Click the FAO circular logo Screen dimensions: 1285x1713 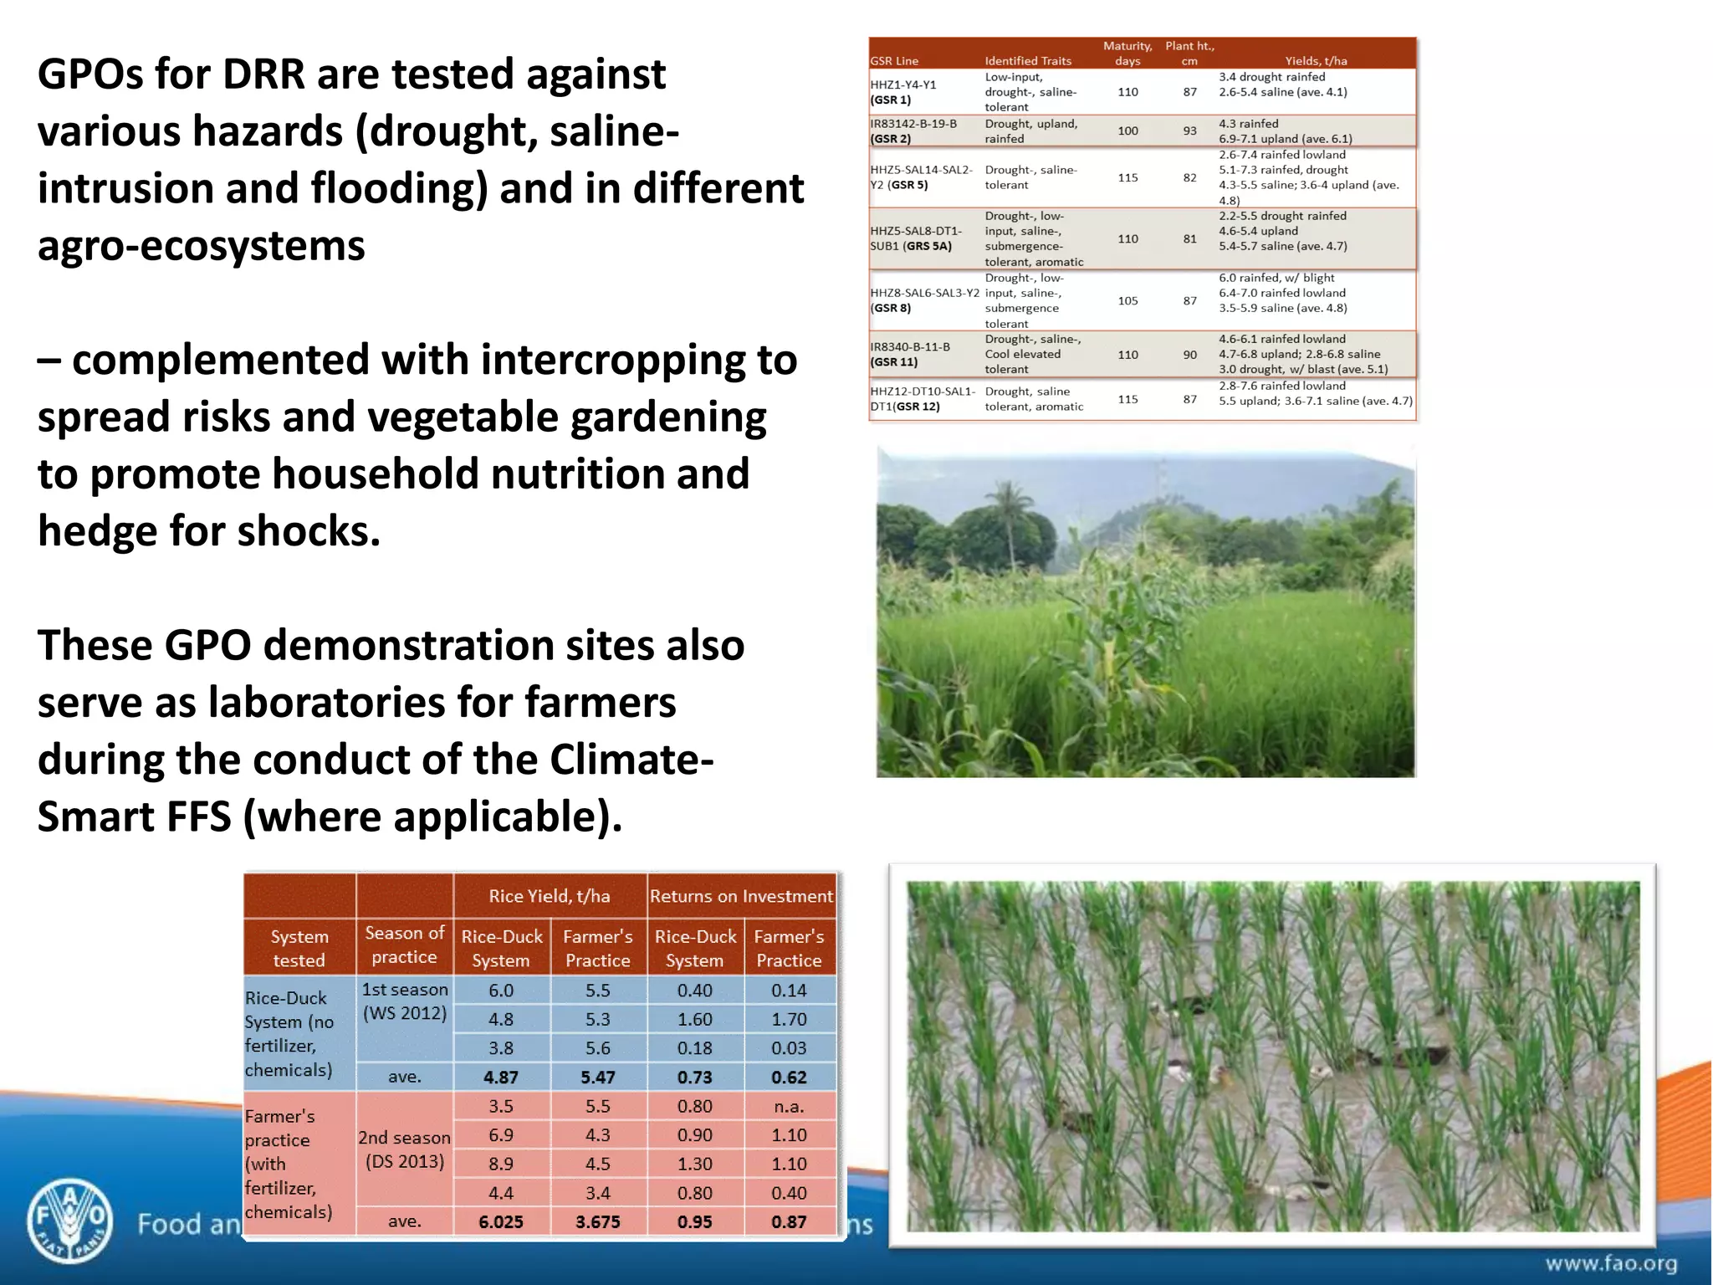click(x=69, y=1220)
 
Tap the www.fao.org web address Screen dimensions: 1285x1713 click(x=1610, y=1263)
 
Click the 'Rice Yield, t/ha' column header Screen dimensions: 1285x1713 click(x=550, y=896)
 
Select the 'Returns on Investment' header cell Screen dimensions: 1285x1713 click(x=741, y=896)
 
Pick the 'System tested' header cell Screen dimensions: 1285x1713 click(x=299, y=948)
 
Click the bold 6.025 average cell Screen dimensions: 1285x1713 click(x=501, y=1221)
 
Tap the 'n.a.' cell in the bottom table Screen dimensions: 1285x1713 click(x=789, y=1106)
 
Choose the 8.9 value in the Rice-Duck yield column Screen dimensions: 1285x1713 click(x=501, y=1164)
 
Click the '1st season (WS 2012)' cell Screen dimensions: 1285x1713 click(x=405, y=1001)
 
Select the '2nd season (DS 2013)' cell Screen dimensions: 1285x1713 click(x=405, y=1149)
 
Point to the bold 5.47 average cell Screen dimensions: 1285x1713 click(x=597, y=1078)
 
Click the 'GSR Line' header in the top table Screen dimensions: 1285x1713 click(x=894, y=61)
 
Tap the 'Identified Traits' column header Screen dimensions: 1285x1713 click(x=1028, y=61)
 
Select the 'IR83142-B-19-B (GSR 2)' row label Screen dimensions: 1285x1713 click(x=913, y=131)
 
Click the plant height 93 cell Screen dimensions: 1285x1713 click(x=1189, y=131)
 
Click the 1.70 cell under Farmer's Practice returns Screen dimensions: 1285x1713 click(x=789, y=1019)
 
